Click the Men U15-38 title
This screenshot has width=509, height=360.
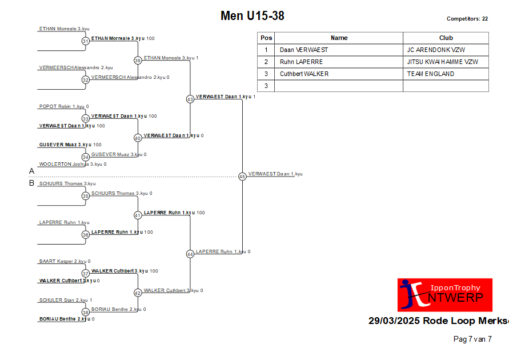click(x=253, y=15)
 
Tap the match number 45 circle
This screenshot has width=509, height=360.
click(x=242, y=176)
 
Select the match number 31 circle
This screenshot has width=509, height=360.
click(x=85, y=41)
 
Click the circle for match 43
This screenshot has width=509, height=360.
click(x=190, y=99)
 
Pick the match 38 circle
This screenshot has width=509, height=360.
click(x=85, y=312)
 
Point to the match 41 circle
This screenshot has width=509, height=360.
click(x=138, y=215)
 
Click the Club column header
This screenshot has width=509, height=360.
click(x=446, y=38)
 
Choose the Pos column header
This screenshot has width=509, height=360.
click(x=266, y=38)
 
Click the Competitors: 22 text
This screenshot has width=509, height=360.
click(x=467, y=19)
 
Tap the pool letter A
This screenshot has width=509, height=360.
click(x=31, y=171)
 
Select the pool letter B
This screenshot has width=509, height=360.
click(x=31, y=183)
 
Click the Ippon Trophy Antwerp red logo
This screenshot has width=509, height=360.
click(x=444, y=295)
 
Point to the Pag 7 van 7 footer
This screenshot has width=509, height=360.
click(x=472, y=339)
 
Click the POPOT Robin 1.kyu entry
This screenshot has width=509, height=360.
click(x=62, y=106)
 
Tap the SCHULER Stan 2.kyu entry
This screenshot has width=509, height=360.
click(x=63, y=300)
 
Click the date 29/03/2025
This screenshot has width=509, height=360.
click(x=394, y=321)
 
